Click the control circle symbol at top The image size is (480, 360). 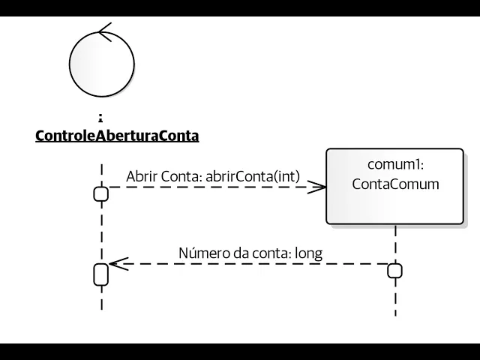[x=100, y=64]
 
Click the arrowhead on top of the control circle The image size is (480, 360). [x=104, y=32]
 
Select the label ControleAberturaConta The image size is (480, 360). [x=117, y=136]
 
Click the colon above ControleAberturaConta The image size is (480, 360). [x=100, y=117]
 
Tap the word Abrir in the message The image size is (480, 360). [x=142, y=176]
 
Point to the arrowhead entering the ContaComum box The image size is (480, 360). [x=320, y=187]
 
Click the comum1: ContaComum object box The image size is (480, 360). [x=394, y=186]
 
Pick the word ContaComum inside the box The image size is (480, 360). [x=395, y=184]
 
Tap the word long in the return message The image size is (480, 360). [x=308, y=253]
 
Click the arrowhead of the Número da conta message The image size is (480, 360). [x=115, y=263]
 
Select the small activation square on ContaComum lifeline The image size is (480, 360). [x=394, y=271]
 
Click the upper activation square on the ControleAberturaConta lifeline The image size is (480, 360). [x=100, y=194]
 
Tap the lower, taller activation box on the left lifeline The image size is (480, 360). [x=100, y=274]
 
